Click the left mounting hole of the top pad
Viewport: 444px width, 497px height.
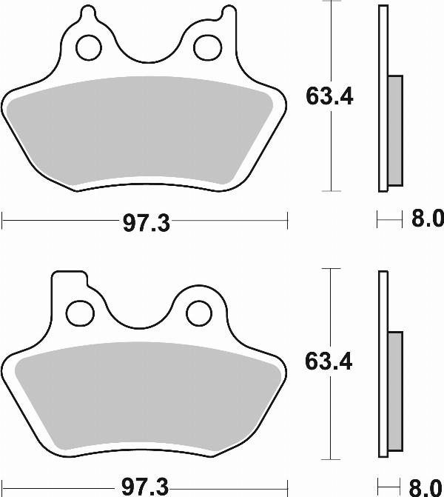click(x=89, y=47)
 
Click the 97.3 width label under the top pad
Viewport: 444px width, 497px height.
click(x=145, y=222)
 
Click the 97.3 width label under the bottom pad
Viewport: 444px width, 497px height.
click(x=145, y=487)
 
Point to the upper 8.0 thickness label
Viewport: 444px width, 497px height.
click(x=425, y=220)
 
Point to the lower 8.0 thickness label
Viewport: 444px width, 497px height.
click(x=425, y=487)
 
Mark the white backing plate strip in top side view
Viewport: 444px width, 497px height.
click(x=383, y=96)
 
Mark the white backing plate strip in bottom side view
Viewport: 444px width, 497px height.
click(x=383, y=363)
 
